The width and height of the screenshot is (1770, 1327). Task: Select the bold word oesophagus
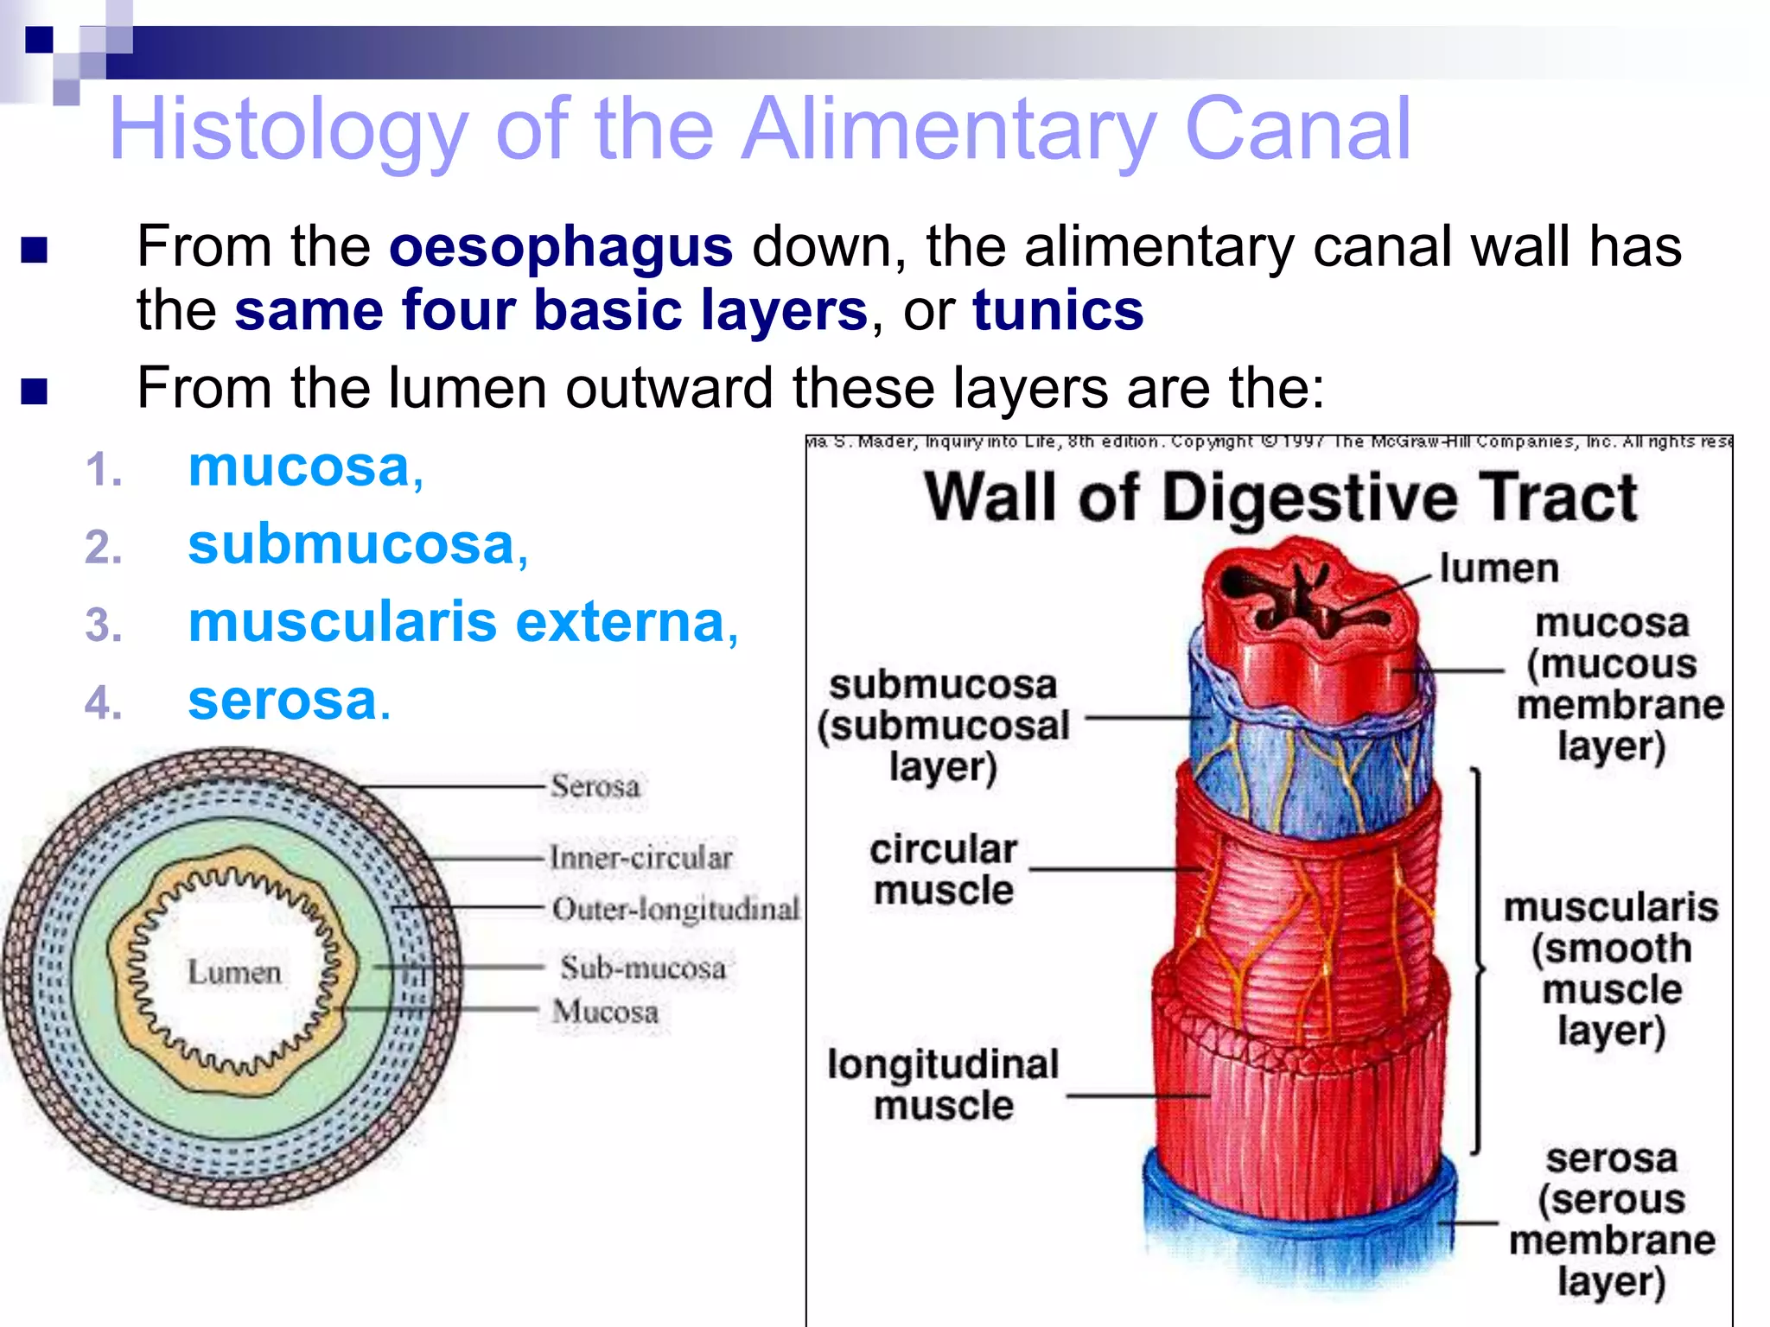pos(560,247)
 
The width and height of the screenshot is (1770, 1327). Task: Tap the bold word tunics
pos(1057,310)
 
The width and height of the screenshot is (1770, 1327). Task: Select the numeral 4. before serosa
pos(103,702)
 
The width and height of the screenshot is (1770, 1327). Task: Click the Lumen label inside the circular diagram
pos(234,972)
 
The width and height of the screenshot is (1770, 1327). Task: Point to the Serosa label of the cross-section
pos(595,786)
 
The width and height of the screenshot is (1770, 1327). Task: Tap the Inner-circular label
pos(640,857)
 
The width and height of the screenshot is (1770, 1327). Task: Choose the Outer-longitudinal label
pos(675,909)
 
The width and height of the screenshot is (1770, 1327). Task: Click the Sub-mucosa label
pos(642,968)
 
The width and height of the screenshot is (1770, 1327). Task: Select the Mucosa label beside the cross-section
pos(606,1012)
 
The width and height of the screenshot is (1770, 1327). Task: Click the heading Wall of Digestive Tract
pos(1280,498)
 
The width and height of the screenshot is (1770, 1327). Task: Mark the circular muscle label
pos(943,870)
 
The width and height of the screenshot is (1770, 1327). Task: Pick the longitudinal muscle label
pos(943,1084)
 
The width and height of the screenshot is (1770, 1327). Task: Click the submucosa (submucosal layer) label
pos(943,726)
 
